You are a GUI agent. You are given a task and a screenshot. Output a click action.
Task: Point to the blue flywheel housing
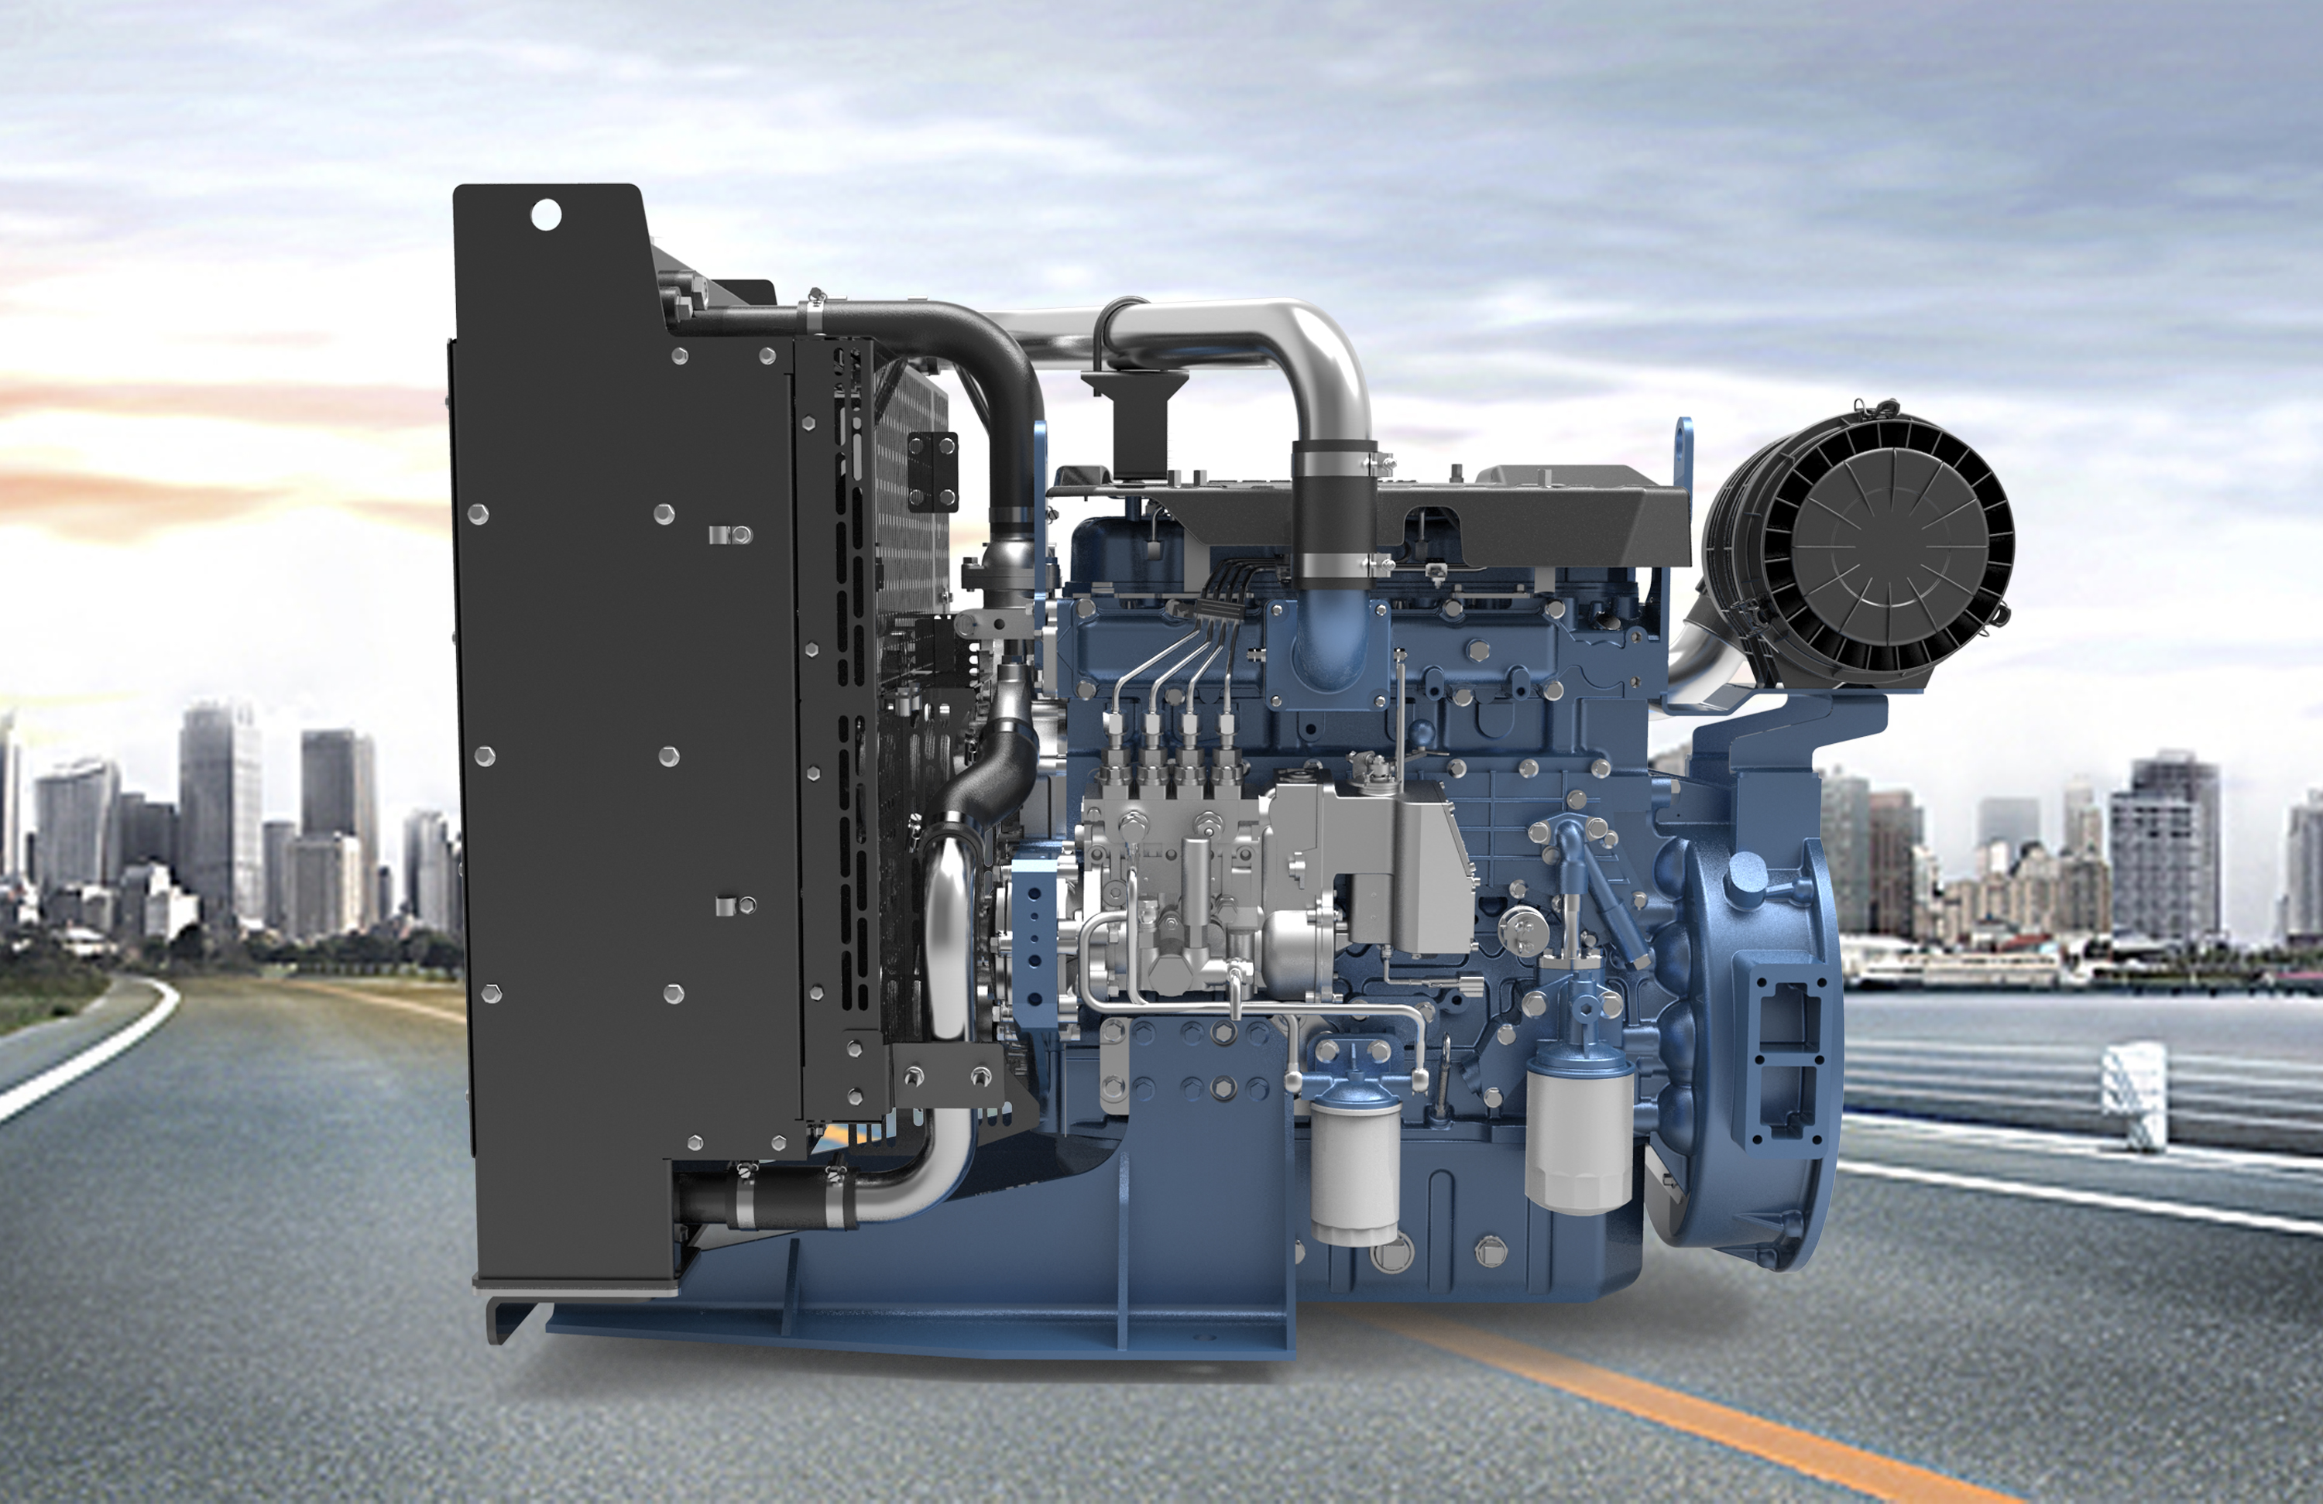[x=1747, y=1054]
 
